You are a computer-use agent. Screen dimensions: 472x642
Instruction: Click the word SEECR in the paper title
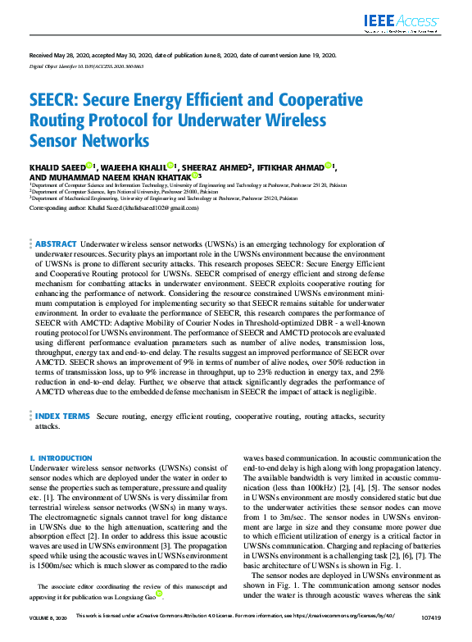click(x=52, y=101)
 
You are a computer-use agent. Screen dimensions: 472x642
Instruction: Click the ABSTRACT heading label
click(x=56, y=244)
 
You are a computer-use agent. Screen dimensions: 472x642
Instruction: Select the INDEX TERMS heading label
click(x=62, y=417)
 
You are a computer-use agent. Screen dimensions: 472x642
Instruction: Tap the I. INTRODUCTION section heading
click(x=61, y=458)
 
